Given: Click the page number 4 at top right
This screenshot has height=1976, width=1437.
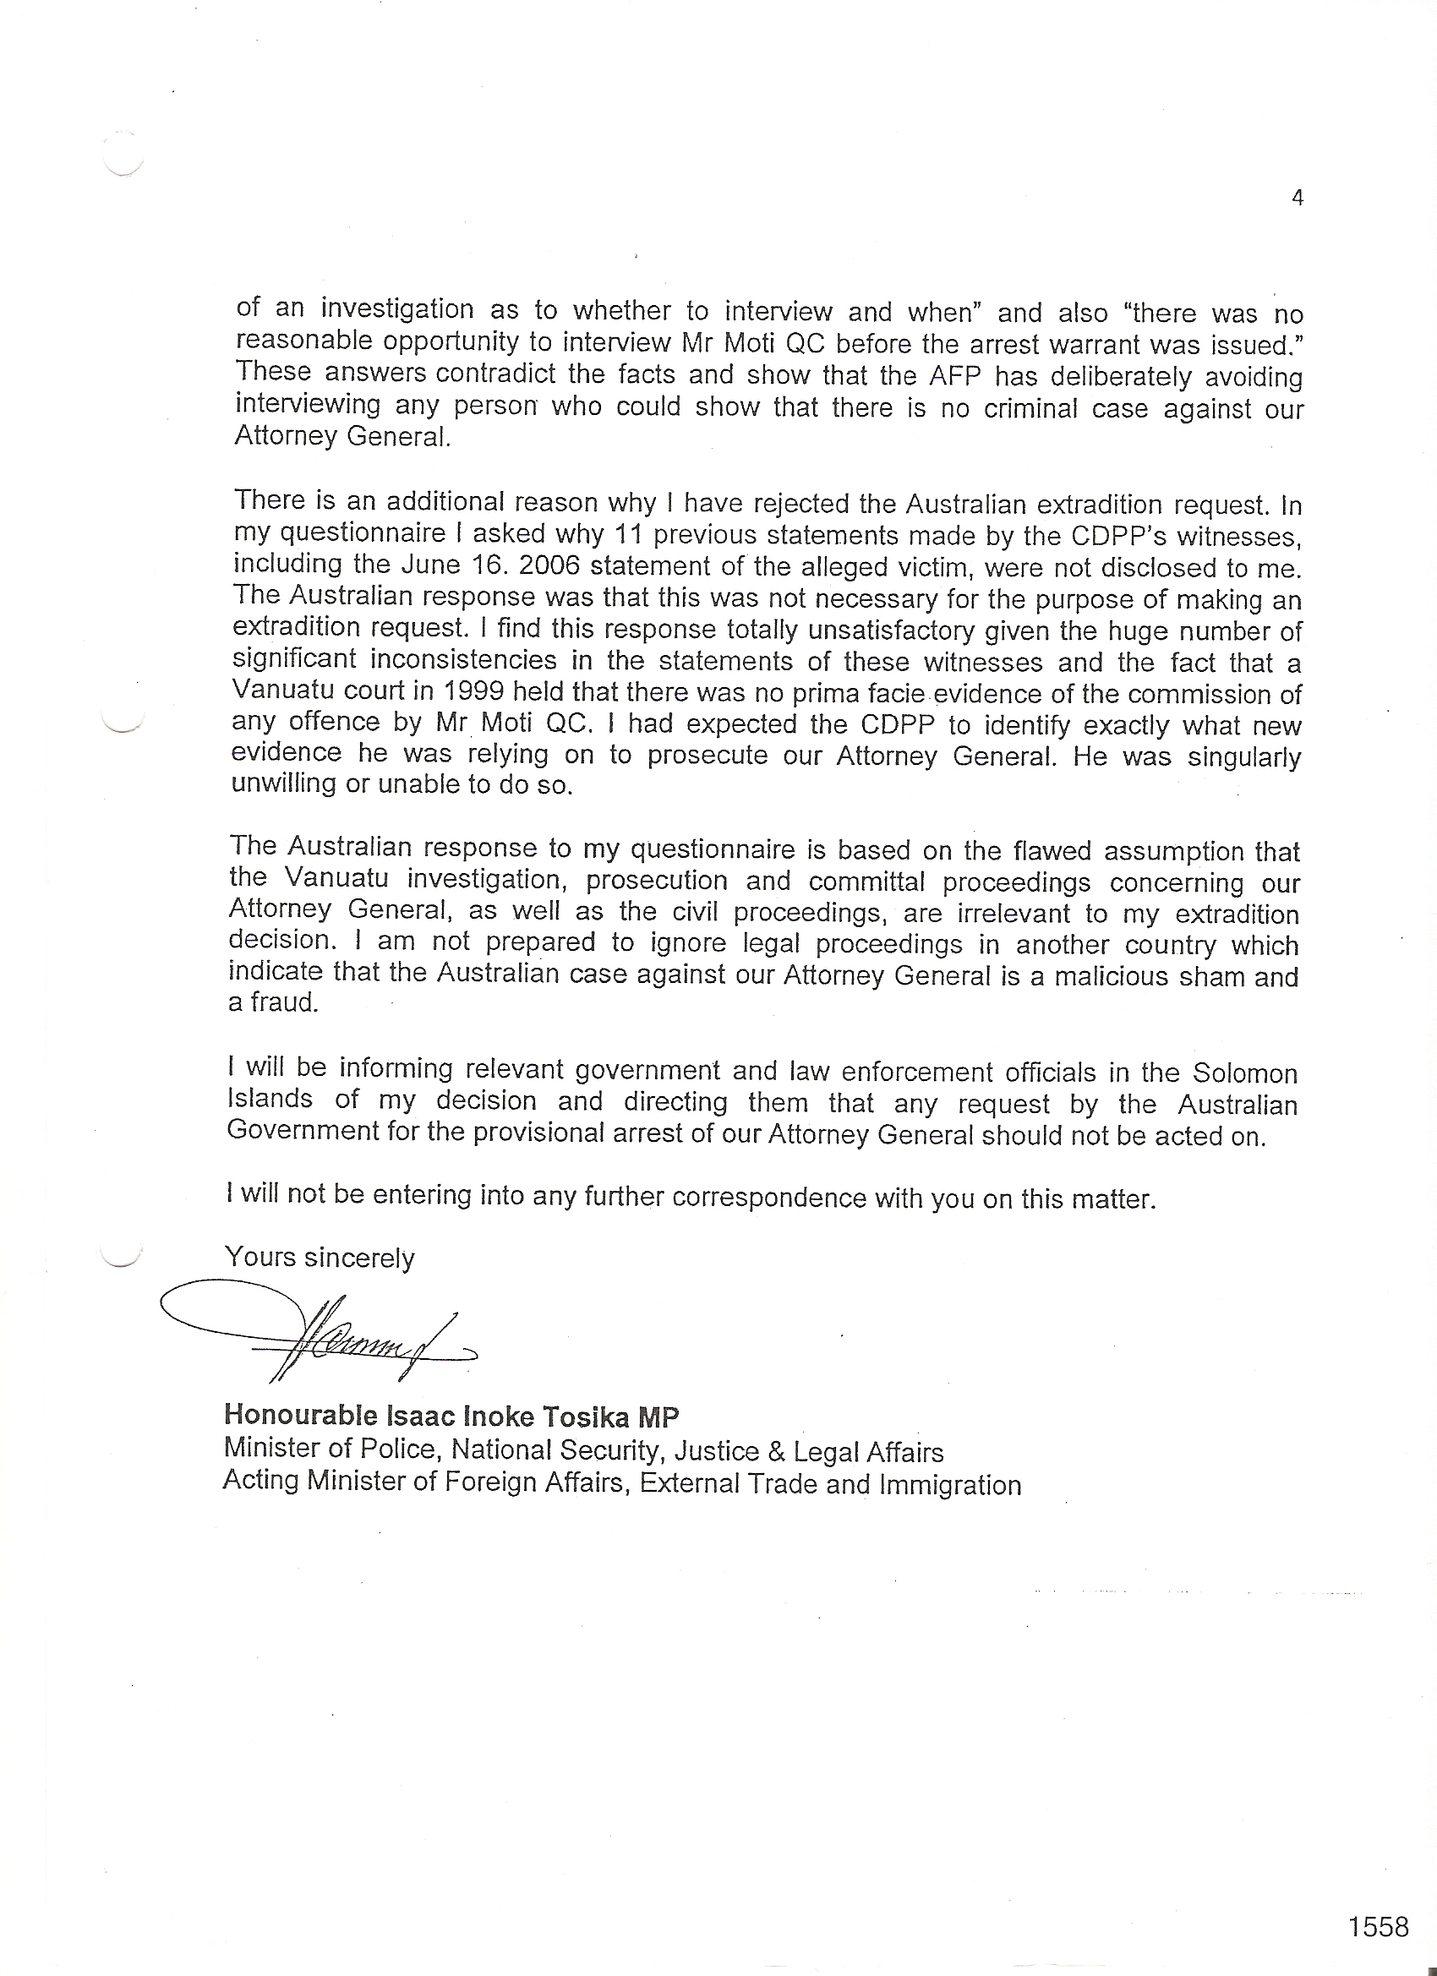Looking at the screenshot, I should tap(1298, 199).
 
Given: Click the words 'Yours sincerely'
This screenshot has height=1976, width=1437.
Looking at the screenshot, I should tap(320, 1258).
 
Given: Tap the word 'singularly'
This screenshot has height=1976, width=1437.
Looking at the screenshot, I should tap(1244, 757).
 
